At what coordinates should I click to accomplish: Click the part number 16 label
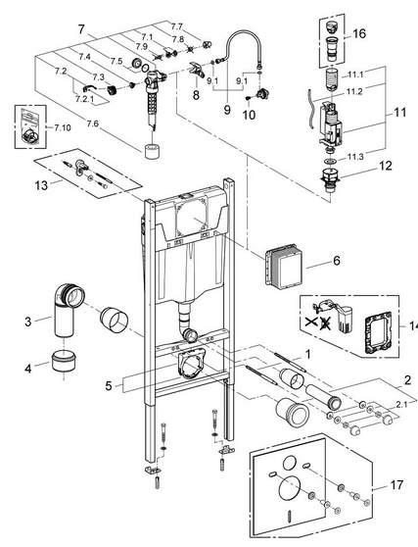359,33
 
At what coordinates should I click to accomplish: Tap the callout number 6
337,260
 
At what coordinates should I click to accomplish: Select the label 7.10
63,127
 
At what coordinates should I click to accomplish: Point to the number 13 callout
41,185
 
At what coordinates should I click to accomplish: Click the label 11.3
355,157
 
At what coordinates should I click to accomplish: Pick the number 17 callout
396,485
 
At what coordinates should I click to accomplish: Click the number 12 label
386,166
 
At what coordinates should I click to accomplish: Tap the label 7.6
92,124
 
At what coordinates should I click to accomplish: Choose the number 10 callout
249,115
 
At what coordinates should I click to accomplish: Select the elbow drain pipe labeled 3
68,310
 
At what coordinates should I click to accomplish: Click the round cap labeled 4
64,361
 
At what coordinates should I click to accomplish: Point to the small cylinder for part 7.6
152,151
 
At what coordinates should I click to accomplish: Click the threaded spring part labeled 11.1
331,79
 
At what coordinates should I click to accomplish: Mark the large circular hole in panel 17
290,489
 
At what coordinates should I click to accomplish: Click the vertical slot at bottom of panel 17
290,516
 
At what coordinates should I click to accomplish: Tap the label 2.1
401,404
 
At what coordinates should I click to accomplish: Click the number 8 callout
196,94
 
